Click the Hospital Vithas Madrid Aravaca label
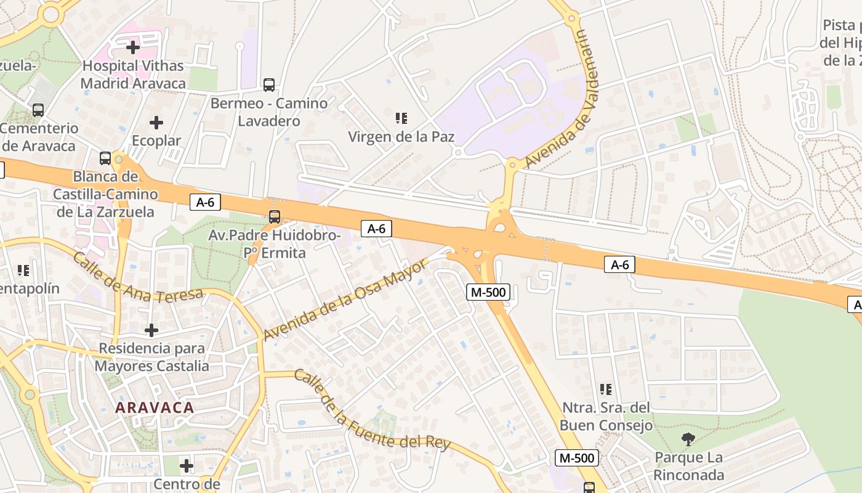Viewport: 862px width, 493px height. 133,74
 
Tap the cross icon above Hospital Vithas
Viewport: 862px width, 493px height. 133,47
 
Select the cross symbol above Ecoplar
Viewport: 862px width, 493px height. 156,123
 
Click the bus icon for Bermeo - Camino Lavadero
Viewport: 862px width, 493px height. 269,85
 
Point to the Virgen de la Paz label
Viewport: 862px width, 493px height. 401,136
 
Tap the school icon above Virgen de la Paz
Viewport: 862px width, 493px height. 401,118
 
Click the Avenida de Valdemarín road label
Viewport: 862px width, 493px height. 563,99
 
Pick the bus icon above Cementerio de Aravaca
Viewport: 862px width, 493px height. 38,110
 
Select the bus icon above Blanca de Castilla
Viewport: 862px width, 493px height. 105,158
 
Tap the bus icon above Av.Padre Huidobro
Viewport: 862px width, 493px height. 275,217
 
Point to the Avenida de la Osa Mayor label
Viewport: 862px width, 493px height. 345,299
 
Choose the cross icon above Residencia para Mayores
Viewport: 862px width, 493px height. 151,330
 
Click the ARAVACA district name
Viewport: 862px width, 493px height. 155,407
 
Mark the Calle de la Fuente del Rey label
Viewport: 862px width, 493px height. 372,411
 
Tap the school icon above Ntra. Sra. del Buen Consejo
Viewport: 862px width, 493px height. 606,389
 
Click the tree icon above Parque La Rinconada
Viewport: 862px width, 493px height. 688,439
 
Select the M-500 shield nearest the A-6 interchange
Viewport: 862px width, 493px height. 489,292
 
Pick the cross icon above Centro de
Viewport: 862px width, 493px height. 187,465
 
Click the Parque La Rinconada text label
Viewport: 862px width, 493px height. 688,467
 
